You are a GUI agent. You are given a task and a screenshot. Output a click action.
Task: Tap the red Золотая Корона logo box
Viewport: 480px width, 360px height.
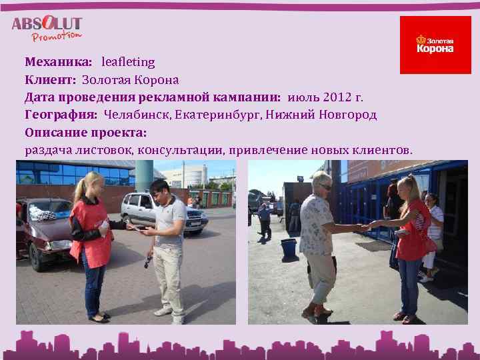coord(435,45)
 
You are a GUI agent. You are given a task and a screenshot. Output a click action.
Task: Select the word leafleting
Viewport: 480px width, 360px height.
coord(128,62)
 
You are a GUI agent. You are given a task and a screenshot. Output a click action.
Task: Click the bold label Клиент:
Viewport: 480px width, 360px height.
coord(50,80)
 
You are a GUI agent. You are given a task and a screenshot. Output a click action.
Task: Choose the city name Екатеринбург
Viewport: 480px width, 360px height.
coord(218,115)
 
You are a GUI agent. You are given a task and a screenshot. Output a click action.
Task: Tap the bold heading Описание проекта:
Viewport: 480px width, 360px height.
coord(85,132)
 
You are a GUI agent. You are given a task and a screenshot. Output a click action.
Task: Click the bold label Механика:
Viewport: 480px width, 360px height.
coord(59,62)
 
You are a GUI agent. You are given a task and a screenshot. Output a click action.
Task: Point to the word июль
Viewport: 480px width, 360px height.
coord(301,97)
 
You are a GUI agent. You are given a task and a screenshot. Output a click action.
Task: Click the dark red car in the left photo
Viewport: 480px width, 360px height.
coord(43,230)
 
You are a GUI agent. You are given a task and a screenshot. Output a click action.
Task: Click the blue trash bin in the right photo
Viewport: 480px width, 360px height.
coord(289,249)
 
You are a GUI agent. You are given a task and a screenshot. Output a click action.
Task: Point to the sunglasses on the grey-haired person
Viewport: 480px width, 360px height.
coord(325,186)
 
